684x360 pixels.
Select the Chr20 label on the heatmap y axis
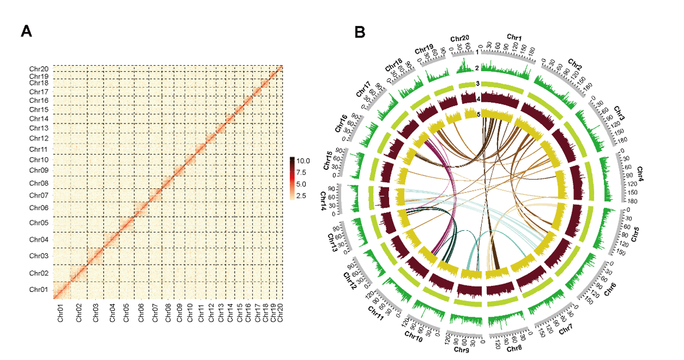pos(39,69)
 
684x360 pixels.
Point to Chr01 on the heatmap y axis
pos(39,290)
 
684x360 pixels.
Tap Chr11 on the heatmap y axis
pos(39,149)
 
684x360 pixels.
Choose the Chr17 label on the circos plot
pos(362,89)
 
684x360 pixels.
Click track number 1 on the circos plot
pos(476,52)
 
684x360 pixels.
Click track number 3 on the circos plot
pos(477,84)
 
